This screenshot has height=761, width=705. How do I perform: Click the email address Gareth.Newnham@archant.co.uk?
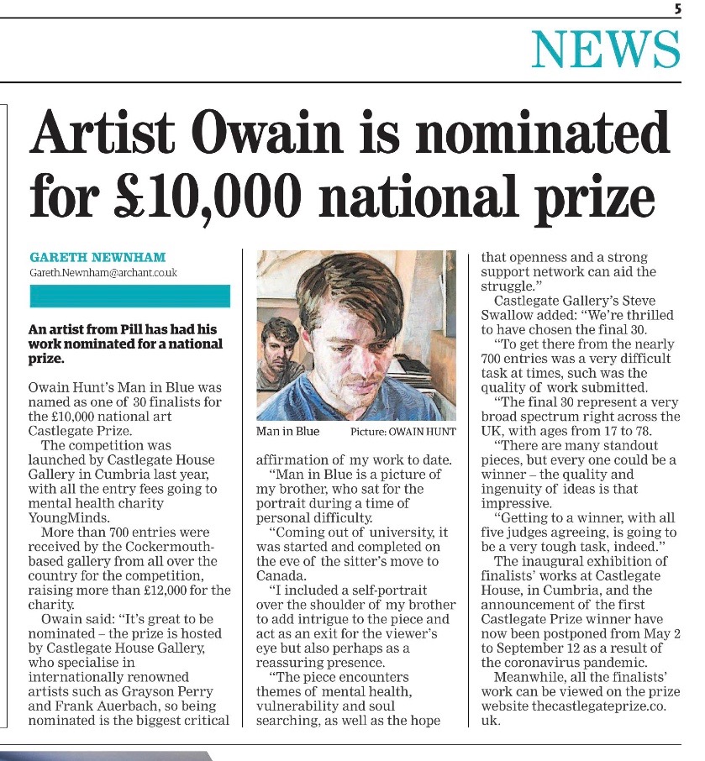pyautogui.click(x=103, y=273)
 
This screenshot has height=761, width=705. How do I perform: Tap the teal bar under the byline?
pyautogui.click(x=129, y=297)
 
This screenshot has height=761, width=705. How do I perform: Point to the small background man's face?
pyautogui.click(x=278, y=345)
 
